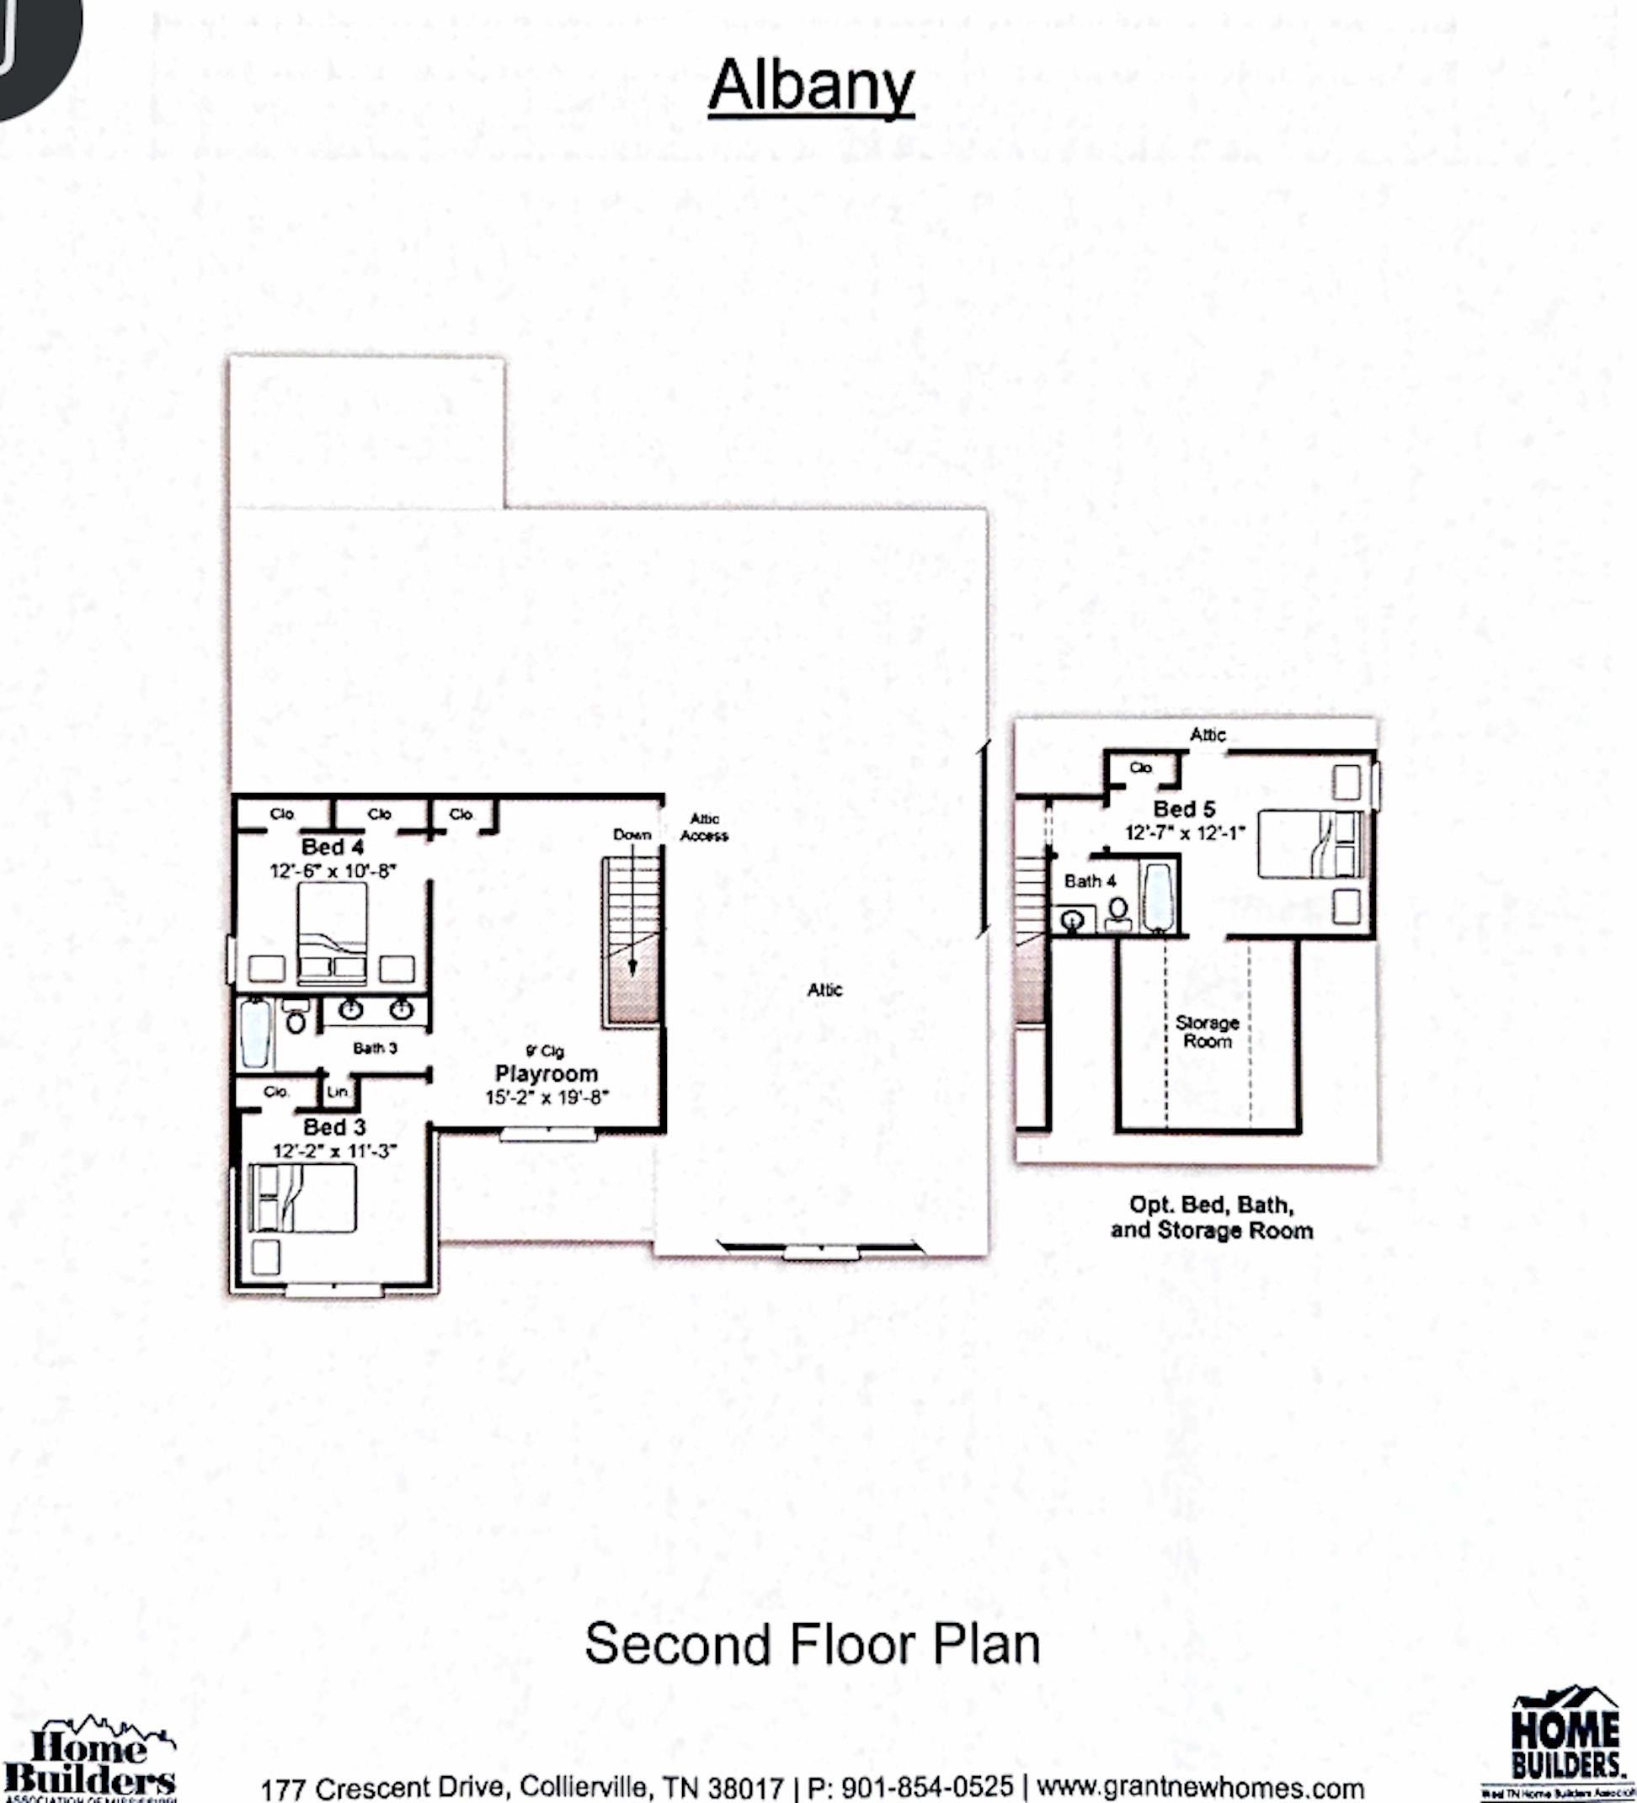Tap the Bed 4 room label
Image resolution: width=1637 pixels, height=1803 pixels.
332,846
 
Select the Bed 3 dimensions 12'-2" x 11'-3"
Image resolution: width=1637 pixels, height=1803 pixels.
334,1150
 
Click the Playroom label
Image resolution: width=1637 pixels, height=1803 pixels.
546,1073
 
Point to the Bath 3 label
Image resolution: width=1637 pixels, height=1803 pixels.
375,1047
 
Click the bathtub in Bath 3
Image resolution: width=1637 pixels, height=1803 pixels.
255,1034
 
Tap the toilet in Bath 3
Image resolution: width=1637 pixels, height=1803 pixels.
296,1018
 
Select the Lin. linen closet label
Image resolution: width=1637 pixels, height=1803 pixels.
337,1091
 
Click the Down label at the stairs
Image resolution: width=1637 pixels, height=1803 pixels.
632,834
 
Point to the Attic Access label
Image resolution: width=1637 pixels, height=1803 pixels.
704,827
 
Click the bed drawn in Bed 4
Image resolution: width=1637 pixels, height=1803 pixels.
332,930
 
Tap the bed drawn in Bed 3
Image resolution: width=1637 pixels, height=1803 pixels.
302,1198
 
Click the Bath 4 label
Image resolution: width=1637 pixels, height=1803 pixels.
1090,881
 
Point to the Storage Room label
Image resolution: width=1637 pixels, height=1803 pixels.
1207,1031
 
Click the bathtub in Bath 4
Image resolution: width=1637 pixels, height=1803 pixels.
1158,897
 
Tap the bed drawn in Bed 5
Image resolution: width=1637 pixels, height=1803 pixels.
1309,844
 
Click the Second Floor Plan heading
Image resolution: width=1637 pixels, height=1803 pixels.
812,1644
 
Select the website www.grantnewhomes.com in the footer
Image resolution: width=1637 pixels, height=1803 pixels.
1200,1787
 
